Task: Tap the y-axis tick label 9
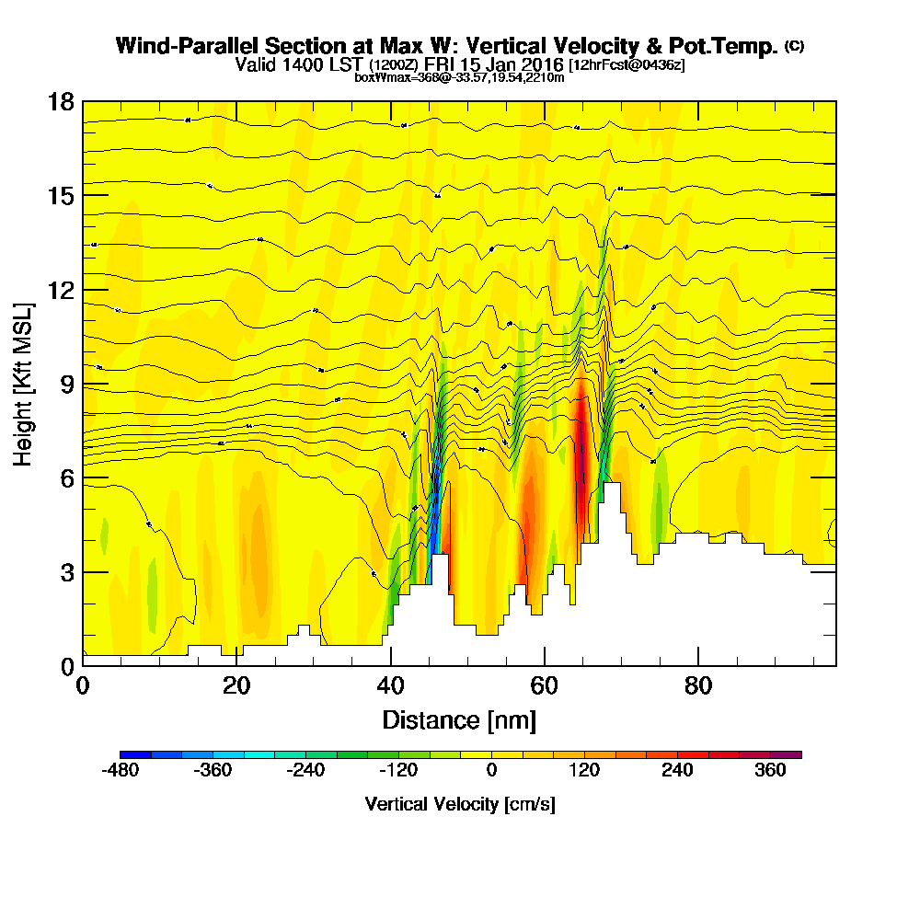(x=67, y=384)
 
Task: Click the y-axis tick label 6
(x=67, y=478)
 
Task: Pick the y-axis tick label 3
(x=67, y=572)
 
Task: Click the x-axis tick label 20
(x=237, y=686)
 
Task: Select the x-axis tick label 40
(x=391, y=686)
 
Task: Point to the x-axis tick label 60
(x=545, y=686)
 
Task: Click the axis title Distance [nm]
(x=459, y=719)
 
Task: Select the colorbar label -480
(x=121, y=772)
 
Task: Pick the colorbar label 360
(x=771, y=772)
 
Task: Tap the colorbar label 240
(x=678, y=772)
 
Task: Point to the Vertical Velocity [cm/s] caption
(x=460, y=804)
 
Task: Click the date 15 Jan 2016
(x=518, y=64)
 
